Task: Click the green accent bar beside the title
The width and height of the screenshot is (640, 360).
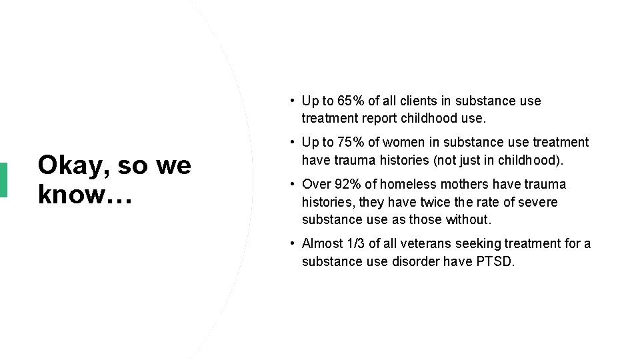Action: [x=3, y=179]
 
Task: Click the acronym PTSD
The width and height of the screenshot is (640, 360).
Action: [x=496, y=261]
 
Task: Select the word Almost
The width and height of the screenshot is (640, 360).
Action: [x=321, y=244]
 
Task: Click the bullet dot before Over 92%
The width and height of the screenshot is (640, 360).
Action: [x=293, y=184]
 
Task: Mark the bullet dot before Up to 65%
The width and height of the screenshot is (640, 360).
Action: [x=293, y=101]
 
